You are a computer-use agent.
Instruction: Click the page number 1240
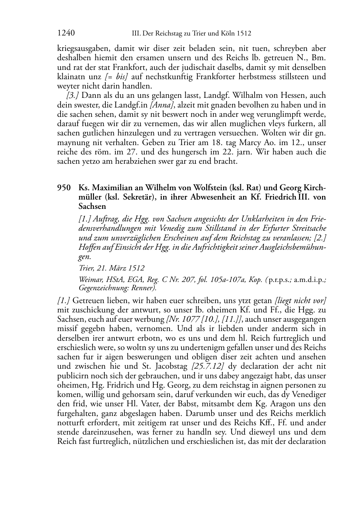[x=66, y=34]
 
